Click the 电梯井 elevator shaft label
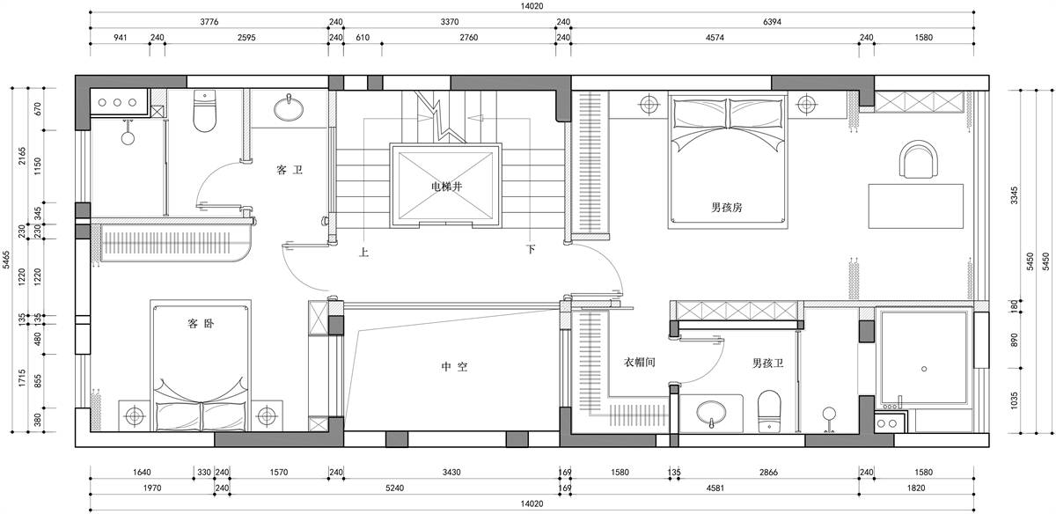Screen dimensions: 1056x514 click(x=446, y=187)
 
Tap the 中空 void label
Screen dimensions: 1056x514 click(x=454, y=366)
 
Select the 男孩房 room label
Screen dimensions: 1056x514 click(x=727, y=207)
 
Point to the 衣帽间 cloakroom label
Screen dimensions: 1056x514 click(x=639, y=362)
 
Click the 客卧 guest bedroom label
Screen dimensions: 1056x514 click(x=201, y=324)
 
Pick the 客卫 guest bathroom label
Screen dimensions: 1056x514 click(x=289, y=170)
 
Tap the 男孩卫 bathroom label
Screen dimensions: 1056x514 click(x=767, y=363)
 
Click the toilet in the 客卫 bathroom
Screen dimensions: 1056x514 click(x=204, y=111)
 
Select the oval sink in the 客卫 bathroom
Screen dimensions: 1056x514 click(x=289, y=110)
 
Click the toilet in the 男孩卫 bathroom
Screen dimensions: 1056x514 click(x=769, y=411)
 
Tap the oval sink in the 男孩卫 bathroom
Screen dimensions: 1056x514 click(x=711, y=412)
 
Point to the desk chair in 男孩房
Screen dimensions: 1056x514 click(x=919, y=159)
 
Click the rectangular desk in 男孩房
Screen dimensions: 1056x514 click(x=916, y=207)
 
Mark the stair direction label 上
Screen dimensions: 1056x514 click(x=363, y=253)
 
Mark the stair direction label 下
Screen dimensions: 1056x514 click(x=531, y=249)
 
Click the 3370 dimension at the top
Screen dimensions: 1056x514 click(x=450, y=22)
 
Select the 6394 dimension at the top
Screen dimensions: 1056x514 click(x=772, y=22)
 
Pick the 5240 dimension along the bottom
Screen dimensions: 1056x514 click(x=394, y=488)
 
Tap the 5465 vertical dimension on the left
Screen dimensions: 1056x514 click(x=6, y=260)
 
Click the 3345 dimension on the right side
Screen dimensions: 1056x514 click(x=1014, y=195)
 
